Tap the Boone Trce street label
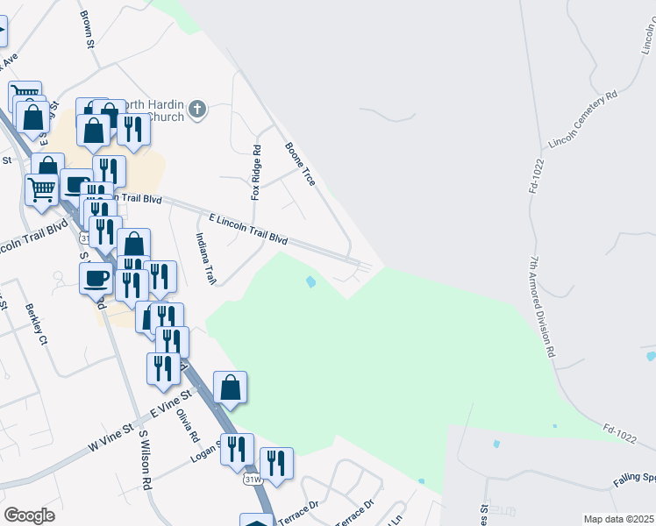coord(300,164)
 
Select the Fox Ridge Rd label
coord(256,173)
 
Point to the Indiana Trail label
coord(205,258)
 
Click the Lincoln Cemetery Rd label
coord(582,118)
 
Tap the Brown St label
coord(87,30)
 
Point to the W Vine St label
coord(110,437)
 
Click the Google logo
coord(29,515)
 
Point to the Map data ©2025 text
coord(618,519)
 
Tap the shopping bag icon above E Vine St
coord(230,387)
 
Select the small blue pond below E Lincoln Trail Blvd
coord(310,282)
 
